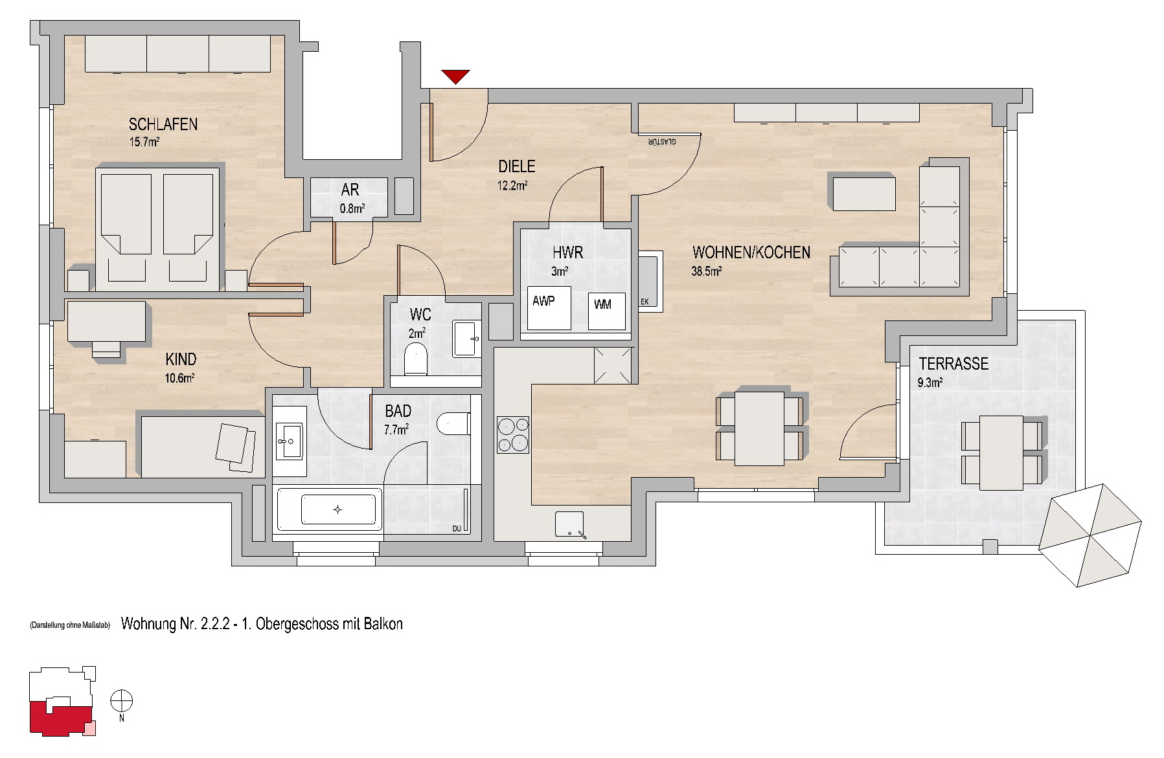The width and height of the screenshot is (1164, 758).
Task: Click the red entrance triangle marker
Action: point(456,76)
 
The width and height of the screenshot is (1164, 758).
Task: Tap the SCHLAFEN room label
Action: point(163,124)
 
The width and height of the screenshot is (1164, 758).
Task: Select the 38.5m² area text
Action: point(706,271)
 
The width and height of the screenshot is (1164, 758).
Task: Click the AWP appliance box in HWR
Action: point(549,308)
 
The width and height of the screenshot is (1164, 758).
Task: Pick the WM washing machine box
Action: point(606,311)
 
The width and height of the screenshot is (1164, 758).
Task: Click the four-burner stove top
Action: point(512,434)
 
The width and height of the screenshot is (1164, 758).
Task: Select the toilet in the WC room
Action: point(415,359)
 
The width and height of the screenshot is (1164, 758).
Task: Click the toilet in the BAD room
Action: point(454,425)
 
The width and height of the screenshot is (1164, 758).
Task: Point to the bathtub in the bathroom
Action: point(330,509)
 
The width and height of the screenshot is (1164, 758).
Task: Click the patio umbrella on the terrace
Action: point(1090,535)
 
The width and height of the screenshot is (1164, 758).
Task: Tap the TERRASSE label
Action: point(953,364)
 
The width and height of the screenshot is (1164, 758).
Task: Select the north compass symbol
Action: point(122,702)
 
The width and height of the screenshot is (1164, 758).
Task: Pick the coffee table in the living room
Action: point(864,192)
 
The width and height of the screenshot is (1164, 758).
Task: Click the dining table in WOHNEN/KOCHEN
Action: point(759,428)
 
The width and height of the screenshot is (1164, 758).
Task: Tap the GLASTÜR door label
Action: point(660,141)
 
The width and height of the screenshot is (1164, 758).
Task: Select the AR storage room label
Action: point(350,190)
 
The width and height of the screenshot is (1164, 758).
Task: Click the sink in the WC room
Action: point(466,337)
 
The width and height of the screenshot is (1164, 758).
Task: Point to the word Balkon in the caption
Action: point(383,624)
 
